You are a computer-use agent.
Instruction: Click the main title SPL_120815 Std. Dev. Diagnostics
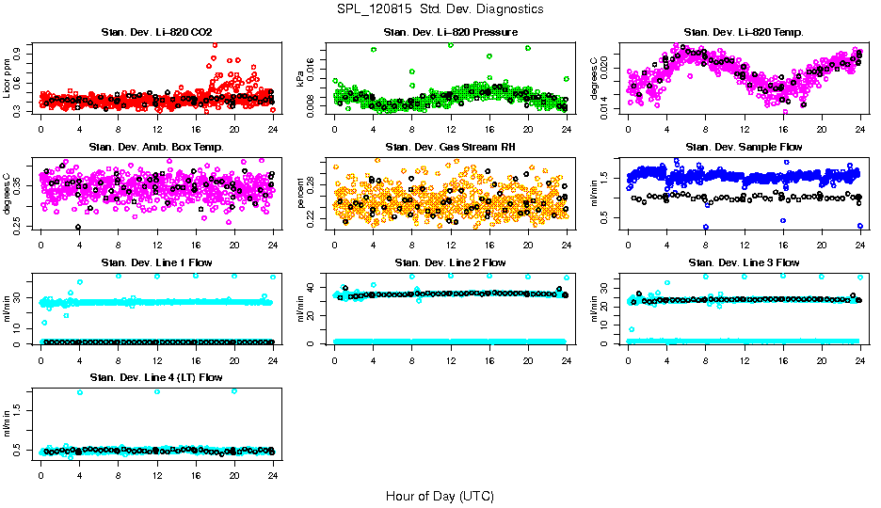pyautogui.click(x=440, y=9)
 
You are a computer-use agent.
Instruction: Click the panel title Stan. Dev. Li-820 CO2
pyautogui.click(x=157, y=33)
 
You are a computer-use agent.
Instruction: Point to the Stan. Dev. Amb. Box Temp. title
pyautogui.click(x=157, y=147)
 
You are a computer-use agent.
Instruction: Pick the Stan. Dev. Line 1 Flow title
pyautogui.click(x=157, y=262)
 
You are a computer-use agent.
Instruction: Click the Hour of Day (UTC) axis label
pyautogui.click(x=440, y=496)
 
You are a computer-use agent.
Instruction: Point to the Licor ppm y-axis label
pyautogui.click(x=8, y=77)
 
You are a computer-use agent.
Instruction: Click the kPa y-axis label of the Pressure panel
pyautogui.click(x=301, y=77)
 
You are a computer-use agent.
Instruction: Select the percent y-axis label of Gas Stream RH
pyautogui.click(x=301, y=192)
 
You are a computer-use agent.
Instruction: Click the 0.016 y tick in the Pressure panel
pyautogui.click(x=315, y=57)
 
